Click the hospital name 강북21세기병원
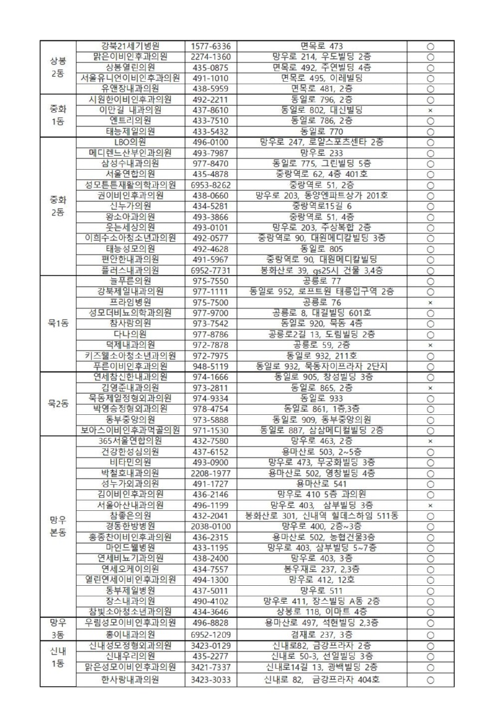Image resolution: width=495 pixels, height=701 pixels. click(x=130, y=46)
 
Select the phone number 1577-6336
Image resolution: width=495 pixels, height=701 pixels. click(x=211, y=46)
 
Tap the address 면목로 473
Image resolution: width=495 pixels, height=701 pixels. click(x=321, y=46)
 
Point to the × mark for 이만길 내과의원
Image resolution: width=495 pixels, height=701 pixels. click(x=430, y=110)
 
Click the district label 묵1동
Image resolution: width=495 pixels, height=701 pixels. click(x=58, y=323)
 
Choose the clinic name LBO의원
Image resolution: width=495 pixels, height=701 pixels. click(x=130, y=142)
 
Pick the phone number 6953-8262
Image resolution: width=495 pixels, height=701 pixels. click(x=211, y=185)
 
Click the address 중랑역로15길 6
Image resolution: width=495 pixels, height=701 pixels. click(x=321, y=206)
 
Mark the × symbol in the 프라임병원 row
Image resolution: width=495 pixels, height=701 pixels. click(x=430, y=302)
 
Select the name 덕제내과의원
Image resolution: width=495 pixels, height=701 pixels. click(x=130, y=344)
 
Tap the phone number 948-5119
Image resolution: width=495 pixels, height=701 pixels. click(x=211, y=366)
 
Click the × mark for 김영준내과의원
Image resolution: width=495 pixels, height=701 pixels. click(x=430, y=388)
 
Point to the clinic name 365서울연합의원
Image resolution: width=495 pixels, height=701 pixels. click(x=130, y=441)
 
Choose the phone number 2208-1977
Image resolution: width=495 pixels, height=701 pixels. click(x=211, y=472)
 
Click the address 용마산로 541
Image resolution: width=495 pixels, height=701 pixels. click(x=321, y=483)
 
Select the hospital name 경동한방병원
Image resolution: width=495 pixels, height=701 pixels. click(x=130, y=526)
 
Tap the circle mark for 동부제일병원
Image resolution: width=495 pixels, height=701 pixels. click(x=430, y=590)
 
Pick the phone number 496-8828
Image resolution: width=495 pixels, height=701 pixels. click(x=211, y=622)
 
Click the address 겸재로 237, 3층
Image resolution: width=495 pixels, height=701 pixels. click(x=321, y=634)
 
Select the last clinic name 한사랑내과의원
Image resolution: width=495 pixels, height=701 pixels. click(x=130, y=679)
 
